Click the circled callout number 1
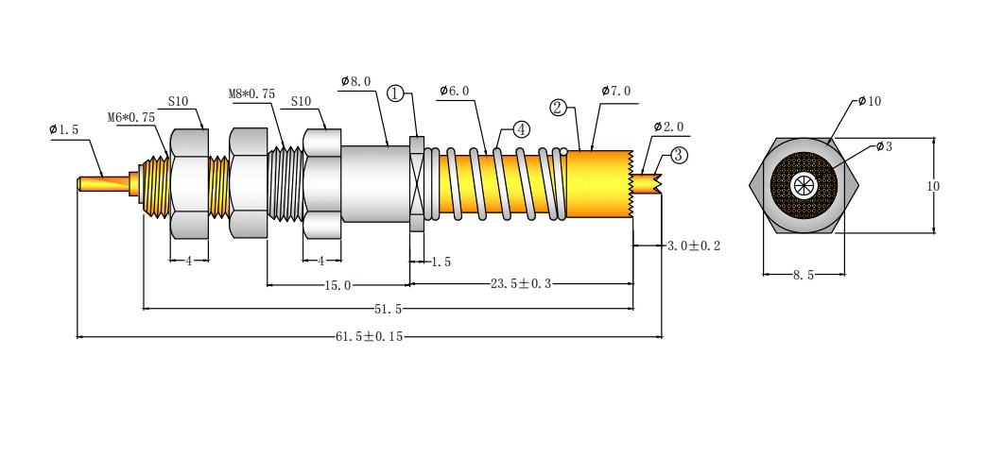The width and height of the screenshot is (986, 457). tap(394, 94)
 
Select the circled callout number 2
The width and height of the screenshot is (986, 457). tap(558, 108)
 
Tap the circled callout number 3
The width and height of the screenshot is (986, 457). tap(679, 155)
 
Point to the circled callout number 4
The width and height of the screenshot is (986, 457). tap(521, 129)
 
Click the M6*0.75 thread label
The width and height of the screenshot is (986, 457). tap(130, 117)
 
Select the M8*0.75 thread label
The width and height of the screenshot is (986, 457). tap(251, 94)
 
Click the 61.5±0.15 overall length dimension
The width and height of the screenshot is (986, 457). tap(369, 336)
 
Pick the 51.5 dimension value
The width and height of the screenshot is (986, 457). tap(388, 309)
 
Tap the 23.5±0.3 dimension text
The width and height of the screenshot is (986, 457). tap(521, 284)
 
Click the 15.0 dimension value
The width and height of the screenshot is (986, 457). tap(337, 285)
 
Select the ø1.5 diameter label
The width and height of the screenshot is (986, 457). tap(64, 130)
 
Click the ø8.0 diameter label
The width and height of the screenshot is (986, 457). tap(355, 81)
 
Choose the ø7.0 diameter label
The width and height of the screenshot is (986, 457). tap(615, 91)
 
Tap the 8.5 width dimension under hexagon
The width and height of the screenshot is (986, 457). tap(804, 275)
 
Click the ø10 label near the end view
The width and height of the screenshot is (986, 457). tap(870, 101)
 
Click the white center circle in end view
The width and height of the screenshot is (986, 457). tap(804, 185)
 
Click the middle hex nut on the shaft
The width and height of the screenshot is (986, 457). tap(249, 183)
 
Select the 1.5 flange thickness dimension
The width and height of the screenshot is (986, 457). tap(441, 262)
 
